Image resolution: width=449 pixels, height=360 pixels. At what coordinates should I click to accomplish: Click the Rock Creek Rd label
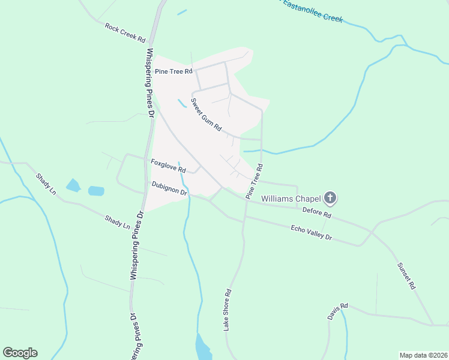point(125,32)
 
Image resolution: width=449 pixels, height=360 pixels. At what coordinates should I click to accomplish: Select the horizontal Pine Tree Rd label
point(173,71)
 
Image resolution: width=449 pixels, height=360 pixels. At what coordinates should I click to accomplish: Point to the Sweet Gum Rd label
point(206,115)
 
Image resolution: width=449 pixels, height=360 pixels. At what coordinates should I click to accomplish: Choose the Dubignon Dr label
point(170,188)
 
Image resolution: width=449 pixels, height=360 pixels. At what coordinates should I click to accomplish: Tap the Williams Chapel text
point(291,197)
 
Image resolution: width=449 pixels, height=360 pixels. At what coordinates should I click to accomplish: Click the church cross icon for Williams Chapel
point(330,197)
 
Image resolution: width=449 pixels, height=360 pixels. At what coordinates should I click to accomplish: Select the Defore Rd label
point(318,213)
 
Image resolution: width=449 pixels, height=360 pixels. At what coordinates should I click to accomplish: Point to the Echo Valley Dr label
point(311,233)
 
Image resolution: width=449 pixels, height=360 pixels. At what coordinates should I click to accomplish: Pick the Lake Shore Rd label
point(227,311)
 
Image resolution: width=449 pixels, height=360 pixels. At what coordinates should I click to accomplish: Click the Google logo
point(20,353)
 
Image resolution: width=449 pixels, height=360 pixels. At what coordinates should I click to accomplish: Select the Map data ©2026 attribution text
point(423,355)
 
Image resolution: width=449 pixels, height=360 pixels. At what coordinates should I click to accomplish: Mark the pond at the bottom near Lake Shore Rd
point(203,347)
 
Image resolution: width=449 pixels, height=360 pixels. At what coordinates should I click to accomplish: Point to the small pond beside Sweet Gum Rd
point(181,103)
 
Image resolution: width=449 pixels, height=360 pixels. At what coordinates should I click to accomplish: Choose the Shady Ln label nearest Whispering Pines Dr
point(117,222)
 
